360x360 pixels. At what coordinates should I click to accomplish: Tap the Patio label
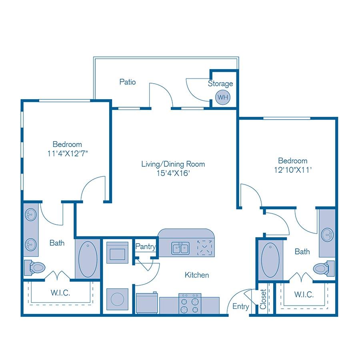(128, 82)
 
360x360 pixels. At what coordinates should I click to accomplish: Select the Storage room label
(220, 84)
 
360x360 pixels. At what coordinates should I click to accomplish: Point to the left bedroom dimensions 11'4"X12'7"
(67, 153)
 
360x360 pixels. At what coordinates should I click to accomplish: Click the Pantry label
(145, 247)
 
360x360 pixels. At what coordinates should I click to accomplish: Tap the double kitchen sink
(181, 248)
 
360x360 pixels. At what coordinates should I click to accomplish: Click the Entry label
(241, 306)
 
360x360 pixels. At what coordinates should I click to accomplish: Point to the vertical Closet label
(263, 299)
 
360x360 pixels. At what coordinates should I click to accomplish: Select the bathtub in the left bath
(88, 259)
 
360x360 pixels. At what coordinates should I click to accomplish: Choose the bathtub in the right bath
(270, 259)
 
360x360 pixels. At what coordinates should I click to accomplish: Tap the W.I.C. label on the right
(304, 294)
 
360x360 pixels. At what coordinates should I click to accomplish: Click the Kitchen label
(196, 275)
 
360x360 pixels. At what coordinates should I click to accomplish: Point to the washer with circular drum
(117, 299)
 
